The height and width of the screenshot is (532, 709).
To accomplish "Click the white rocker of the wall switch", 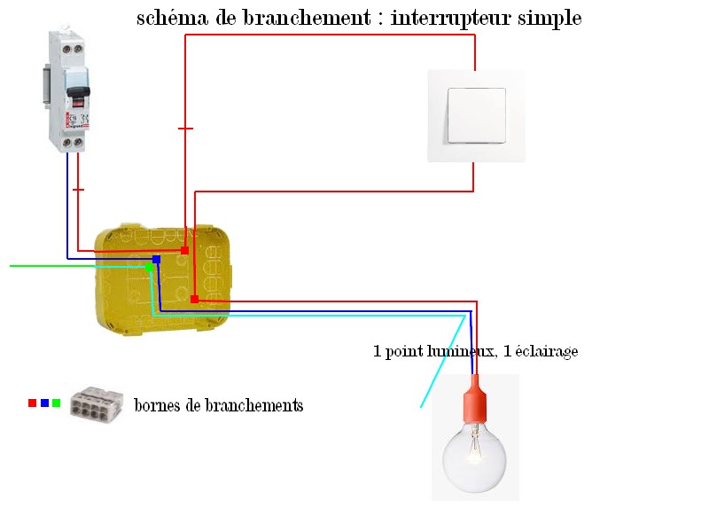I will pyautogui.click(x=476, y=115).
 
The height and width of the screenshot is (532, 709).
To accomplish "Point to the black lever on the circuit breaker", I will pyautogui.click(x=78, y=92).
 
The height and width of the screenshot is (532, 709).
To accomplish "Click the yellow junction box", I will pyautogui.click(x=164, y=279).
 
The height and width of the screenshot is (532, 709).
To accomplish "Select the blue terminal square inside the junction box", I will pyautogui.click(x=156, y=259).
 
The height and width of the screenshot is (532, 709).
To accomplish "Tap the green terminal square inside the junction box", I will pyautogui.click(x=149, y=266).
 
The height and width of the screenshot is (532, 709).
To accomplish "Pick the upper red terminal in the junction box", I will pyautogui.click(x=184, y=251).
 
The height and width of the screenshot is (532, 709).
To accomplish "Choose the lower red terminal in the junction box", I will pyautogui.click(x=194, y=299).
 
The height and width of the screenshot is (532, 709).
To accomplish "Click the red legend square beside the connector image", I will pyautogui.click(x=32, y=403).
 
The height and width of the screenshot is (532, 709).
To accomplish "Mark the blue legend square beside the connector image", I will pyautogui.click(x=44, y=403).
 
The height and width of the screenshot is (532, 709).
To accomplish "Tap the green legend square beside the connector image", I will pyautogui.click(x=56, y=403).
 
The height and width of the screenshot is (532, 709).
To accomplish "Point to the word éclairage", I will pyautogui.click(x=546, y=352).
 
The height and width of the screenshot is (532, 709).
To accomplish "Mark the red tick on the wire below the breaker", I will pyautogui.click(x=78, y=190).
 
